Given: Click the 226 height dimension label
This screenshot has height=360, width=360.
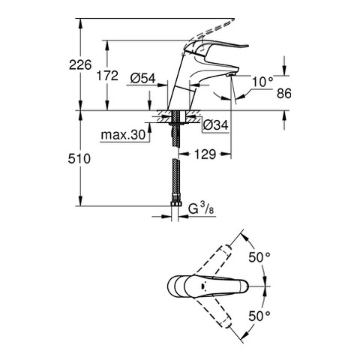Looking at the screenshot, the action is coord(80,65).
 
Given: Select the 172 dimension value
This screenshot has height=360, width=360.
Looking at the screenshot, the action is coord(107,75).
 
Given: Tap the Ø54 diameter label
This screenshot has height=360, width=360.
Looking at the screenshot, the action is coord(142,79).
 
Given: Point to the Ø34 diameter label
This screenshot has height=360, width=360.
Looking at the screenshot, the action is coord(215,124).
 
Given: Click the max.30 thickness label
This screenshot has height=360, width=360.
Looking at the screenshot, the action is coord(123,135).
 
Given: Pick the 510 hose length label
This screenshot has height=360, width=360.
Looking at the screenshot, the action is coord(79,158).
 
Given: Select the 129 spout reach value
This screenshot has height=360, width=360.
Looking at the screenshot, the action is coord(205,154).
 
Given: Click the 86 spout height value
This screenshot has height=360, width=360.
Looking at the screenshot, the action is coord(284,93).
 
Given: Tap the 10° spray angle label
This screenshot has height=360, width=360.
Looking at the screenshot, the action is coord(262,82).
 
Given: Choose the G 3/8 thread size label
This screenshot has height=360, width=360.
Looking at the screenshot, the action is coord(201,209).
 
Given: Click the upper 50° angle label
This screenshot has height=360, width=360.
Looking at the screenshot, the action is coord(259,257).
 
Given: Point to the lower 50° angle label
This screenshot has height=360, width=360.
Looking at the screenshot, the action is coord(259,316).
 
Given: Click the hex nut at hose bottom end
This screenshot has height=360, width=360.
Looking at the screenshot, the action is coord(175,203).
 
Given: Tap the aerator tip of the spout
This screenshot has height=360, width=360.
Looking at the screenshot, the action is coord(231,74).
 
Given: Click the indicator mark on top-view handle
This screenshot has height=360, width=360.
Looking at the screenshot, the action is coord(204,286).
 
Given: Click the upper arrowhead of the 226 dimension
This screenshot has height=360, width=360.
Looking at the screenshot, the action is coord(80,22).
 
